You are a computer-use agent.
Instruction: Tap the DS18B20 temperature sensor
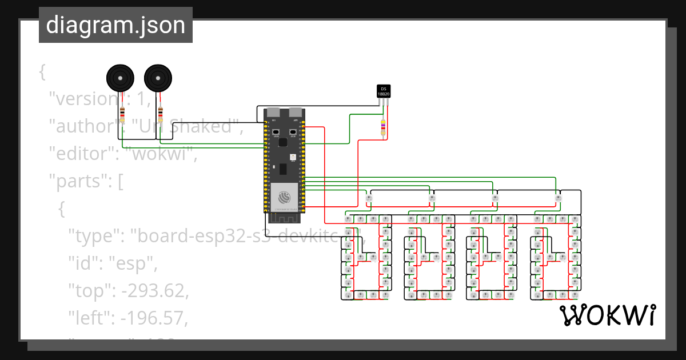pyautogui.click(x=384, y=91)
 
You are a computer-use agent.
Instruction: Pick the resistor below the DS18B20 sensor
pyautogui.click(x=383, y=128)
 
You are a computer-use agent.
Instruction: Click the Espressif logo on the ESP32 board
pyautogui.click(x=285, y=197)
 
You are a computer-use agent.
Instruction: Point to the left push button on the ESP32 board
pyautogui.click(x=276, y=132)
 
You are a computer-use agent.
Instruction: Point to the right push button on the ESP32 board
pyautogui.click(x=293, y=132)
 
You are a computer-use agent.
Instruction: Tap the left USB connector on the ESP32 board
pyautogui.click(x=274, y=113)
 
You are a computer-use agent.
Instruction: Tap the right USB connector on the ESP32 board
pyautogui.click(x=296, y=113)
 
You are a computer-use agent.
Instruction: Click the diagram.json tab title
pyautogui.click(x=115, y=26)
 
